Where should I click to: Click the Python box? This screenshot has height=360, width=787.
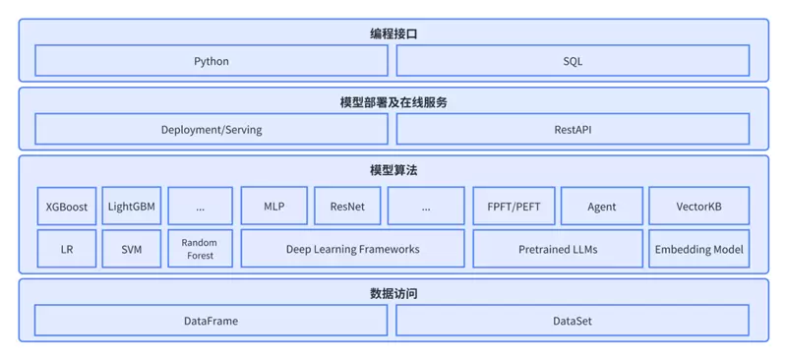[x=212, y=61]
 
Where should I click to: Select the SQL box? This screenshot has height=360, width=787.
[x=573, y=61]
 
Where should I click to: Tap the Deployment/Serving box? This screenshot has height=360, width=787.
[x=212, y=129]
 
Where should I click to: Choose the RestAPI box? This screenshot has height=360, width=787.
[x=573, y=129]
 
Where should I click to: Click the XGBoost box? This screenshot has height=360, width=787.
[x=67, y=207]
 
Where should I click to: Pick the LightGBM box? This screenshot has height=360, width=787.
[x=132, y=207]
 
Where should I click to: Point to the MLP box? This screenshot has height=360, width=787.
[x=273, y=207]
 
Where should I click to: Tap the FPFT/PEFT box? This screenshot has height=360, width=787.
[x=513, y=207]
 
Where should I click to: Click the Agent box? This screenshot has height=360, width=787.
[x=601, y=207]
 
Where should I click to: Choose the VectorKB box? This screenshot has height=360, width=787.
[x=698, y=207]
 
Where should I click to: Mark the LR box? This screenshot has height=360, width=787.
[x=67, y=249]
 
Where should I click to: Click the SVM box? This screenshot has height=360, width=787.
[x=132, y=249]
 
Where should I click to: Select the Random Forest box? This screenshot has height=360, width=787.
[x=200, y=249]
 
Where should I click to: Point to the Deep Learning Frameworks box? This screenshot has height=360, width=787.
[x=352, y=249]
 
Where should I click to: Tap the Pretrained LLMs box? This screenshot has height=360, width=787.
[x=557, y=249]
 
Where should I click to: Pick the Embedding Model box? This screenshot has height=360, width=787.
[x=698, y=249]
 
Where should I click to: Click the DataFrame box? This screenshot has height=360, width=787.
[x=212, y=321]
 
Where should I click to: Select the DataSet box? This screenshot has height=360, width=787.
[x=573, y=321]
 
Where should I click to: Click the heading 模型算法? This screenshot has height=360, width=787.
[x=393, y=170]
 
